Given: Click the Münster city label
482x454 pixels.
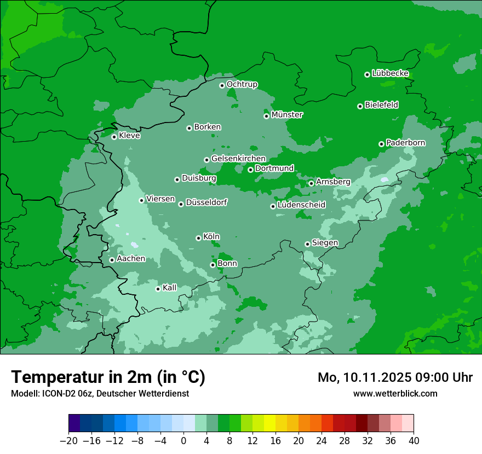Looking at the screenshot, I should pos(287,115).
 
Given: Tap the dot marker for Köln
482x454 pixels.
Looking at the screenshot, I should pos(198,238).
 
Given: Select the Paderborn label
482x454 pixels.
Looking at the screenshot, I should pos(405,143).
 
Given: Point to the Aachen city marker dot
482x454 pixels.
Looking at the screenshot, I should pos(112,260).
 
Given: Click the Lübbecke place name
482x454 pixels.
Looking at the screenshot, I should pos(390,73).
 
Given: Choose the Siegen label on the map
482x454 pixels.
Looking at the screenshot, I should pos(325,243).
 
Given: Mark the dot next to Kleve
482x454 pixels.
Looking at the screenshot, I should pos(114,137).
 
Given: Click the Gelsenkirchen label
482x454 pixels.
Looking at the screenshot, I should pos(238,159).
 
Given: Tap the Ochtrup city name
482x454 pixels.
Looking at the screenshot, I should pos(242,84).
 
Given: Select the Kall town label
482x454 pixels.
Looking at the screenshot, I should pos(170,288).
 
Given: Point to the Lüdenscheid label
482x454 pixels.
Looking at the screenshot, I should pos(301,205).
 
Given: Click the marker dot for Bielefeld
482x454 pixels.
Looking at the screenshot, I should pos(360,106).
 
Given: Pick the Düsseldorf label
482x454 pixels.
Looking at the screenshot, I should pos(206,202).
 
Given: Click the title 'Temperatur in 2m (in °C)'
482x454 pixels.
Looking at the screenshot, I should pos(108,377).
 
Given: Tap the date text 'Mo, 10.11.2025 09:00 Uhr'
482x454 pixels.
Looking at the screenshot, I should pos(395,377).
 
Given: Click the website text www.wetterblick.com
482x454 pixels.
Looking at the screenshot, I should pos(395,393).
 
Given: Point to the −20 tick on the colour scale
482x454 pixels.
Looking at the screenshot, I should pos(69,441).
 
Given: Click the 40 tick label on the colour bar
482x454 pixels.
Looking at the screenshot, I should pos(414,441).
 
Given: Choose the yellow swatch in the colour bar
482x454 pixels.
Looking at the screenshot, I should pos(269,423).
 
